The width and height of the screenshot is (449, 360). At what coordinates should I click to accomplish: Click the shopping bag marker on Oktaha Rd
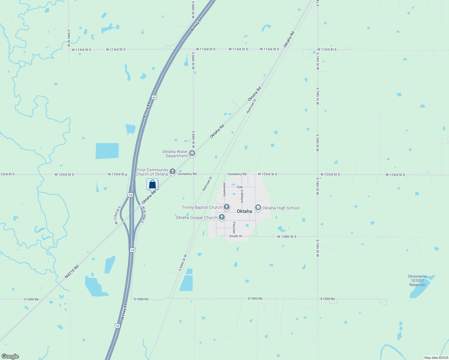pyautogui.click(x=152, y=184)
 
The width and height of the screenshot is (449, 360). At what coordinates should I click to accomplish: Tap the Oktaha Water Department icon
pyautogui.click(x=192, y=154)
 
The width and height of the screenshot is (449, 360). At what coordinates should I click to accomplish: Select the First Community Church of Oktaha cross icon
pyautogui.click(x=173, y=172)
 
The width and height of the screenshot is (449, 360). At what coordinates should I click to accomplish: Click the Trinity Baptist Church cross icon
pyautogui.click(x=227, y=207)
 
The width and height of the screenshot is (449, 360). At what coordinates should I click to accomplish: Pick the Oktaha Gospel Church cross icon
pyautogui.click(x=222, y=217)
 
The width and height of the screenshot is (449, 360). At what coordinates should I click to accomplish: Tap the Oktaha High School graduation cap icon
pyautogui.click(x=258, y=208)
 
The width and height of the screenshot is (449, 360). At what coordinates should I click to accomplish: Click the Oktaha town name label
pyautogui.click(x=244, y=211)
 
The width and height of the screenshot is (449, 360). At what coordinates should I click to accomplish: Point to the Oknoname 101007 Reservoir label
pyautogui.click(x=417, y=280)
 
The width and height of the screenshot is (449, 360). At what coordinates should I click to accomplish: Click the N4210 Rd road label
pyautogui.click(x=72, y=271)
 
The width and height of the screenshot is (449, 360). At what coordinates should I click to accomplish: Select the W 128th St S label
pyautogui.click(x=287, y=237)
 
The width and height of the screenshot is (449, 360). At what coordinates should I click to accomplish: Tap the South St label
pyautogui.click(x=236, y=236)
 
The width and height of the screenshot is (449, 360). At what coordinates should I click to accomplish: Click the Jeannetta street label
pyautogui.click(x=224, y=189)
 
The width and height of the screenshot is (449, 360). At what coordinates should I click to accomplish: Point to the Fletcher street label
pyautogui.click(x=234, y=228)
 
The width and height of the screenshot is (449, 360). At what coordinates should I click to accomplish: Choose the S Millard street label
pyautogui.click(x=242, y=196)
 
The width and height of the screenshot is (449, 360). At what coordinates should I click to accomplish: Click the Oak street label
pyautogui.click(x=240, y=187)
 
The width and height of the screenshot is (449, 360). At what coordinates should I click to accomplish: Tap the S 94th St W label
pyautogui.click(x=69, y=38)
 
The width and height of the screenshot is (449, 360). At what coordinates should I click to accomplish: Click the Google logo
pyautogui.click(x=10, y=356)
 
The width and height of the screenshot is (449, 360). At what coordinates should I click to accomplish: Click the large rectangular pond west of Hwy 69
pyautogui.click(x=107, y=151)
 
